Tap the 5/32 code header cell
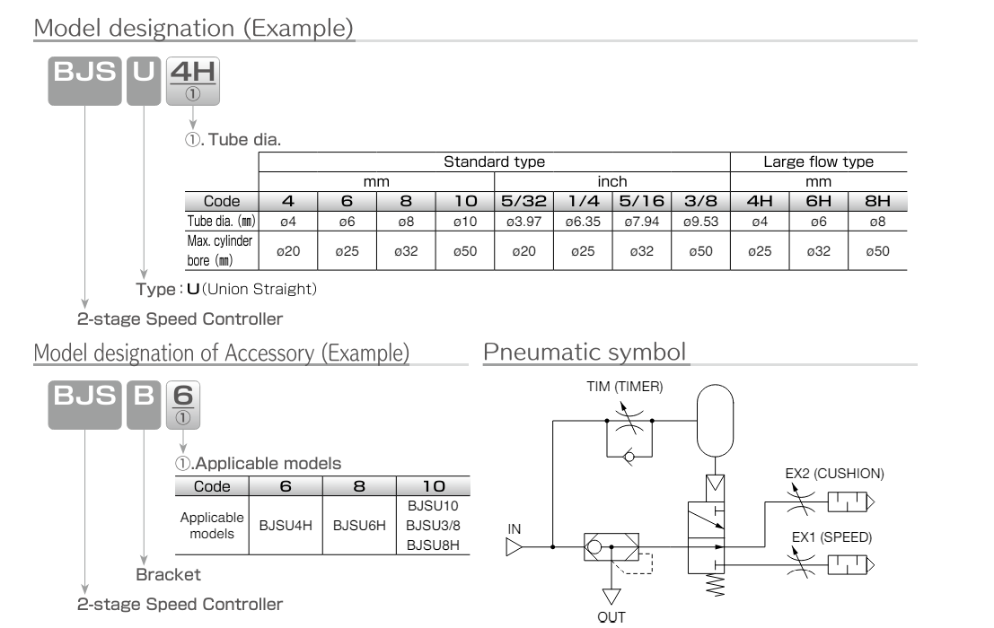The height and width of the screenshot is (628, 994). [523, 203]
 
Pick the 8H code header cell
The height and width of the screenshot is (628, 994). [877, 203]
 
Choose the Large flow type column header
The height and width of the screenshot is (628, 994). [818, 163]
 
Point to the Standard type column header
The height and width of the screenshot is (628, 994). [495, 163]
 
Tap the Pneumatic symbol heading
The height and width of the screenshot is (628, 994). [585, 353]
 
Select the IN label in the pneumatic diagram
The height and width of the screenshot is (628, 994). [514, 529]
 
